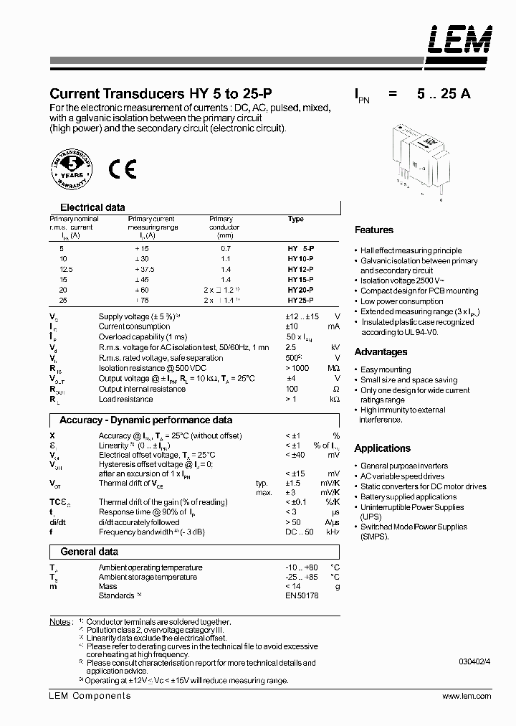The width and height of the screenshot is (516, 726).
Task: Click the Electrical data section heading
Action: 92,207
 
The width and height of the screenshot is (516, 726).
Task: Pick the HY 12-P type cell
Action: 300,268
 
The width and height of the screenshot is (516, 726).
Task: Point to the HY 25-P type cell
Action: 300,300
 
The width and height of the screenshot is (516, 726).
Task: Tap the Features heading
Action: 374,230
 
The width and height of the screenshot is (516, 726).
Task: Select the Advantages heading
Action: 381,352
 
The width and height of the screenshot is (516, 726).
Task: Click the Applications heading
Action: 383,448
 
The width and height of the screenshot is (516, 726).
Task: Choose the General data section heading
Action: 89,552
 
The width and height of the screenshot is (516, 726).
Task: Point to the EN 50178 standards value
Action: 301,595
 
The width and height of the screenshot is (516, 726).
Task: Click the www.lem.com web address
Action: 467,697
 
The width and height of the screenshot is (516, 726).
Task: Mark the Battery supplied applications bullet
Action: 408,496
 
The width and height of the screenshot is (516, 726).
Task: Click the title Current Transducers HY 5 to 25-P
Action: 160,94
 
